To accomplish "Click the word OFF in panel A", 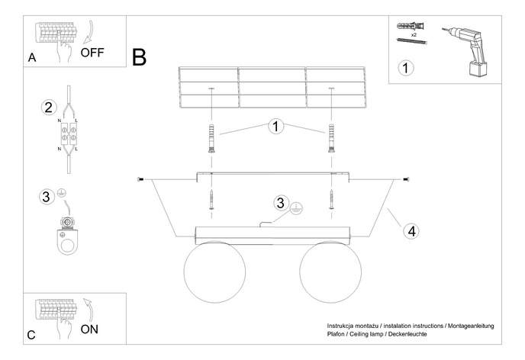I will click(x=92, y=53).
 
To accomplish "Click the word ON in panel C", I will click(x=90, y=329).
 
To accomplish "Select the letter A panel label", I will click(x=31, y=57).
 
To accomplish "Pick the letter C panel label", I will click(x=31, y=334).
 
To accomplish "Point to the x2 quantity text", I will click(x=413, y=35).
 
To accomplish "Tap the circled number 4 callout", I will click(x=411, y=230).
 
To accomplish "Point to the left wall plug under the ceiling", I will click(x=211, y=138).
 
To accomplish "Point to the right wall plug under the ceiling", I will click(x=332, y=138).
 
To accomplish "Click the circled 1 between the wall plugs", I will click(x=275, y=127).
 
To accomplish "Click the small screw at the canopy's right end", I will click(x=404, y=179).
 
